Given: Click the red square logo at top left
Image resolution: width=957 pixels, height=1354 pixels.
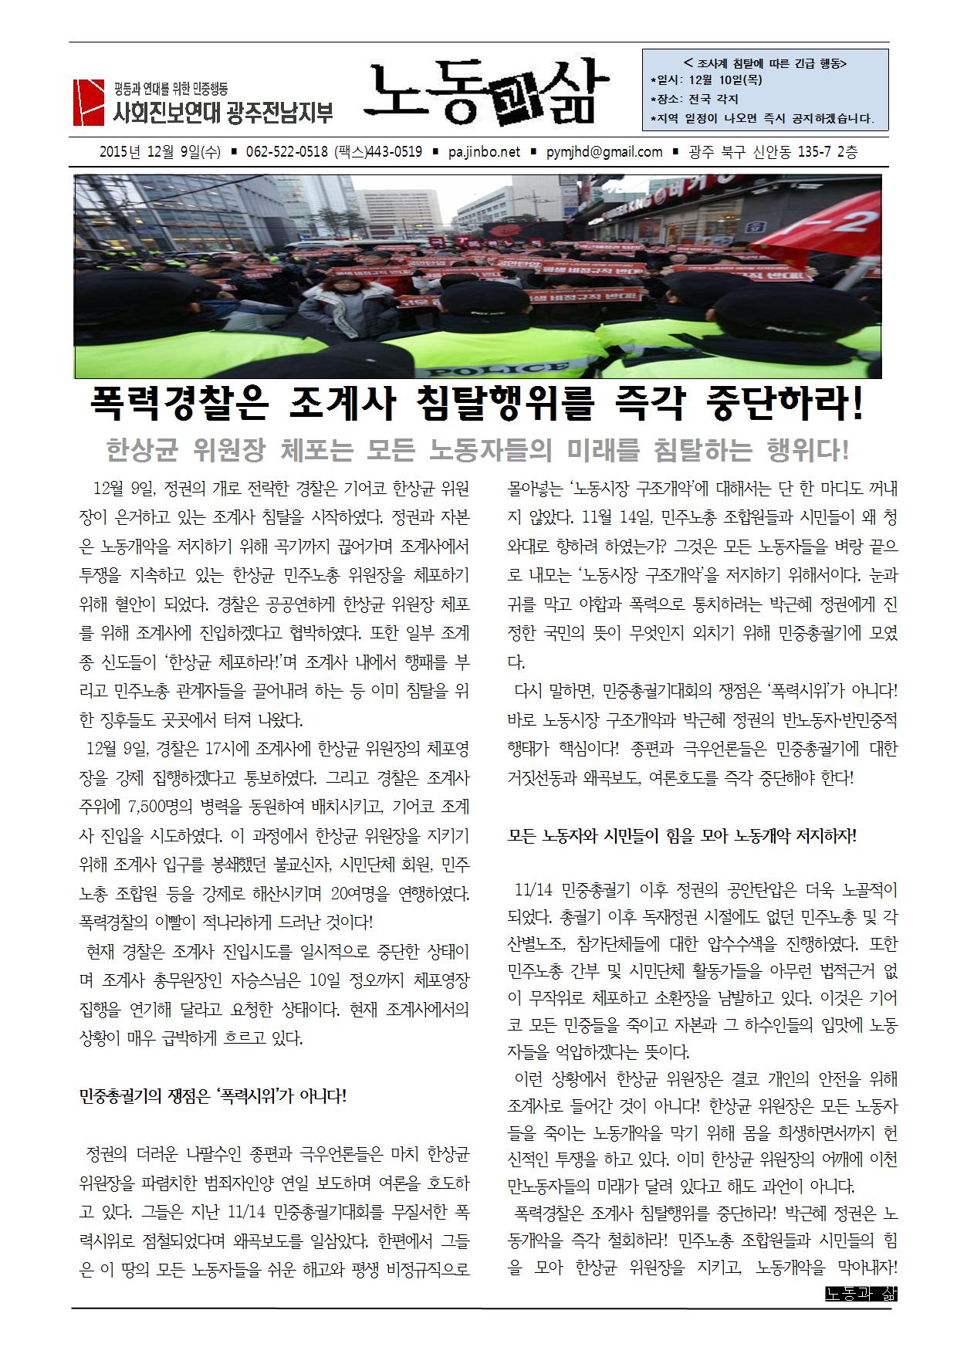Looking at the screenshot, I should point(88,102).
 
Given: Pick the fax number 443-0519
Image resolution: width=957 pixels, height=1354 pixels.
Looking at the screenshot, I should point(389,152).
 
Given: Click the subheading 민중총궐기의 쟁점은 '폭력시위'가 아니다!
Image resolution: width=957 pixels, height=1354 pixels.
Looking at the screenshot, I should point(213,1096).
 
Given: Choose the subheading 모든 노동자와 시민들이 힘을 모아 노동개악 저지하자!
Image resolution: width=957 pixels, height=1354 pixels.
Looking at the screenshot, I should point(682,836).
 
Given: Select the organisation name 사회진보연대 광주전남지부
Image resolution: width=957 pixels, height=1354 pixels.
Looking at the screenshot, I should point(223,114).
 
